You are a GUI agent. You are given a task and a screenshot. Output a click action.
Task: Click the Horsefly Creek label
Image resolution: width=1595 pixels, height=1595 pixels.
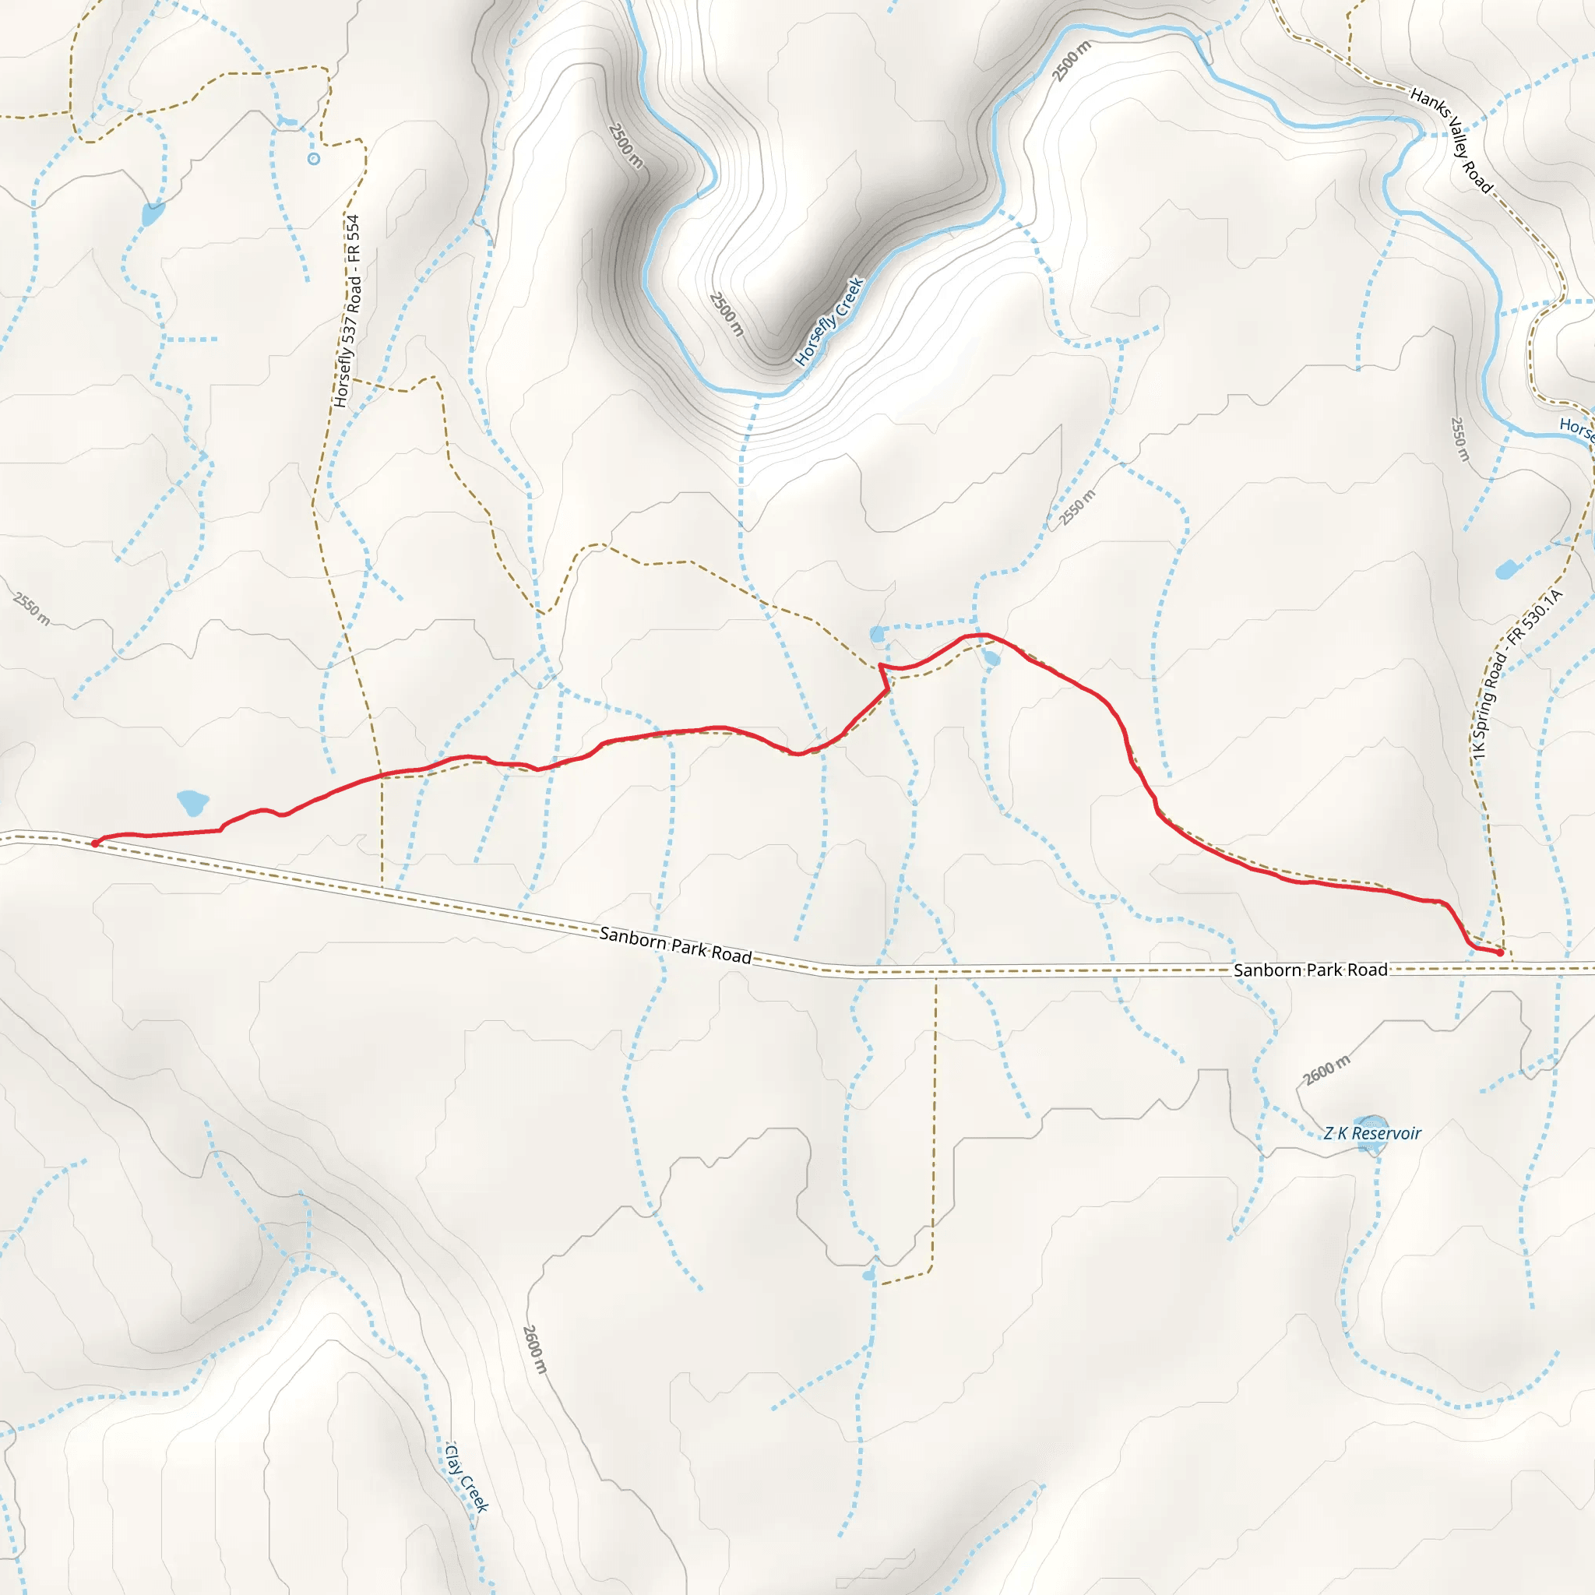click(x=829, y=321)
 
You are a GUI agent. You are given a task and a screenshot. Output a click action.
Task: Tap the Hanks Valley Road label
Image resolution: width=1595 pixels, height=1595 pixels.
click(x=1452, y=140)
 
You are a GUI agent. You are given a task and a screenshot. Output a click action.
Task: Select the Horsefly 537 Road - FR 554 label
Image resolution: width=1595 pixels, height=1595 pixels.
click(x=347, y=312)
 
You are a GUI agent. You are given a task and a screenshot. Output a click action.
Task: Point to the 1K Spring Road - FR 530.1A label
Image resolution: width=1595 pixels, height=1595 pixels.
click(x=1516, y=674)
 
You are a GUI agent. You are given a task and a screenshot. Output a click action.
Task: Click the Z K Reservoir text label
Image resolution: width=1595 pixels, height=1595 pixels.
click(x=1372, y=1133)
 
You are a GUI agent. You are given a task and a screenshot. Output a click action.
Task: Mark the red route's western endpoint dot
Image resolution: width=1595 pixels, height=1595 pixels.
click(x=95, y=843)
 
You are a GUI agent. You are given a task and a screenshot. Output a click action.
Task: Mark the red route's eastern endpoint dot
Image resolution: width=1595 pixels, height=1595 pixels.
click(x=1500, y=952)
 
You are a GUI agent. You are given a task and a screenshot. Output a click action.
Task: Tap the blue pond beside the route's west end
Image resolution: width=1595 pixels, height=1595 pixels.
click(x=192, y=801)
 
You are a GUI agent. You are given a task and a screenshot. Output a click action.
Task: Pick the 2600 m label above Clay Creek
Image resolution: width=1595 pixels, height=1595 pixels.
click(x=535, y=1350)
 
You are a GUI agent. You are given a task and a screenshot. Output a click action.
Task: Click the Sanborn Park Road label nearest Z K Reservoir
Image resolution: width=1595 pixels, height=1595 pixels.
click(x=1310, y=970)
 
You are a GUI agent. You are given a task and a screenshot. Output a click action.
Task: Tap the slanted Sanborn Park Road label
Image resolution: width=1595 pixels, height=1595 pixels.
click(x=675, y=945)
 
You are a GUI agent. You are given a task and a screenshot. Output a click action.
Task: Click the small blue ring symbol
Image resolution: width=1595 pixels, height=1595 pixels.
click(x=314, y=160)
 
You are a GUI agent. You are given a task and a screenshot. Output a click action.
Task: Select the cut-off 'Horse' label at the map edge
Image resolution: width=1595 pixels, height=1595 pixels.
click(x=1576, y=428)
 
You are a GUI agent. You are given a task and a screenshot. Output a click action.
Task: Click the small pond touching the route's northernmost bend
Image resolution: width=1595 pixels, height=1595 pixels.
click(x=992, y=659)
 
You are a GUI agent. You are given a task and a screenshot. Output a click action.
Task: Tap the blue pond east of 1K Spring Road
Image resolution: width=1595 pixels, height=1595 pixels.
click(x=1507, y=569)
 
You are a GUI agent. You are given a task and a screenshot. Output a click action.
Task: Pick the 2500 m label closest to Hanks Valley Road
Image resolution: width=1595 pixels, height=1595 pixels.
click(x=1072, y=60)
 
